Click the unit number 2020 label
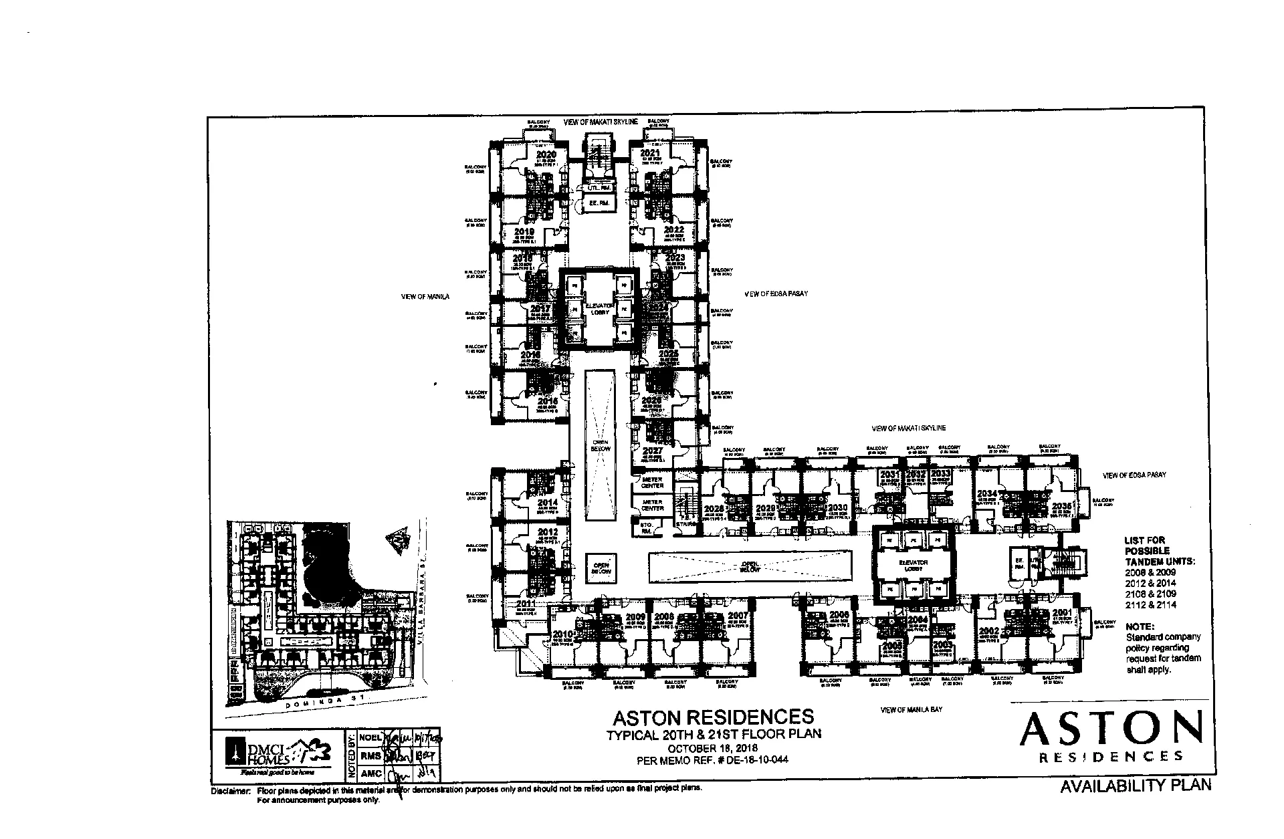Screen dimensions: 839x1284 coord(546,154)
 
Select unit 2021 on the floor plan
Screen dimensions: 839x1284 coord(650,153)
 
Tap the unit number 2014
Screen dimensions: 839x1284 coord(547,503)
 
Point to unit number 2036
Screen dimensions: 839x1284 coord(1062,506)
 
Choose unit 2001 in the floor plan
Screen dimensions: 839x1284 coord(1062,612)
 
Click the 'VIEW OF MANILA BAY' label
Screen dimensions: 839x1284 coord(911,709)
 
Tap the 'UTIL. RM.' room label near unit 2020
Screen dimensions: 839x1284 coord(599,189)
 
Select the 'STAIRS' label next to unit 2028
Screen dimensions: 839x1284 coord(686,524)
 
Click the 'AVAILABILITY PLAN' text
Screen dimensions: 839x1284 coord(1136,786)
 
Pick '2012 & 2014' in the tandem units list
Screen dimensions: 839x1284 coord(1151,583)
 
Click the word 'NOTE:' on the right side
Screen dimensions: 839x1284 coord(1140,626)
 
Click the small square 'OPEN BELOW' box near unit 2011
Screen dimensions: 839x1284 coord(601,568)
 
